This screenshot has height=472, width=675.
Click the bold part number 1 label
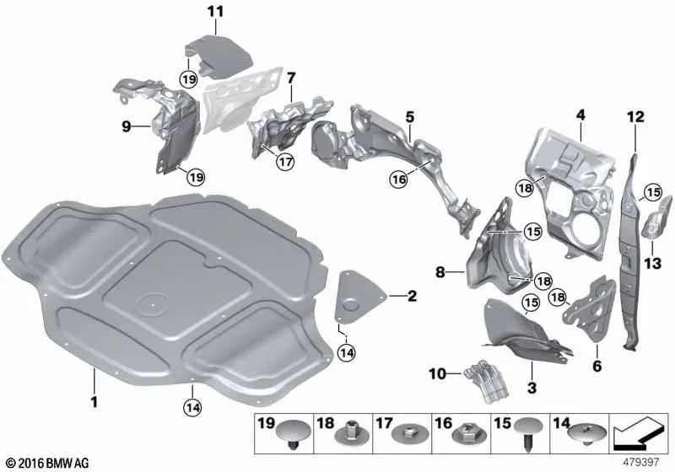(x=94, y=403)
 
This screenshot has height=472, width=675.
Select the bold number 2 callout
(x=411, y=296)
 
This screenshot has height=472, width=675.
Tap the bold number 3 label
(x=532, y=387)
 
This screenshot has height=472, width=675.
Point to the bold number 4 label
(x=580, y=114)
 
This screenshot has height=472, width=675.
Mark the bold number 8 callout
(x=440, y=272)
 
